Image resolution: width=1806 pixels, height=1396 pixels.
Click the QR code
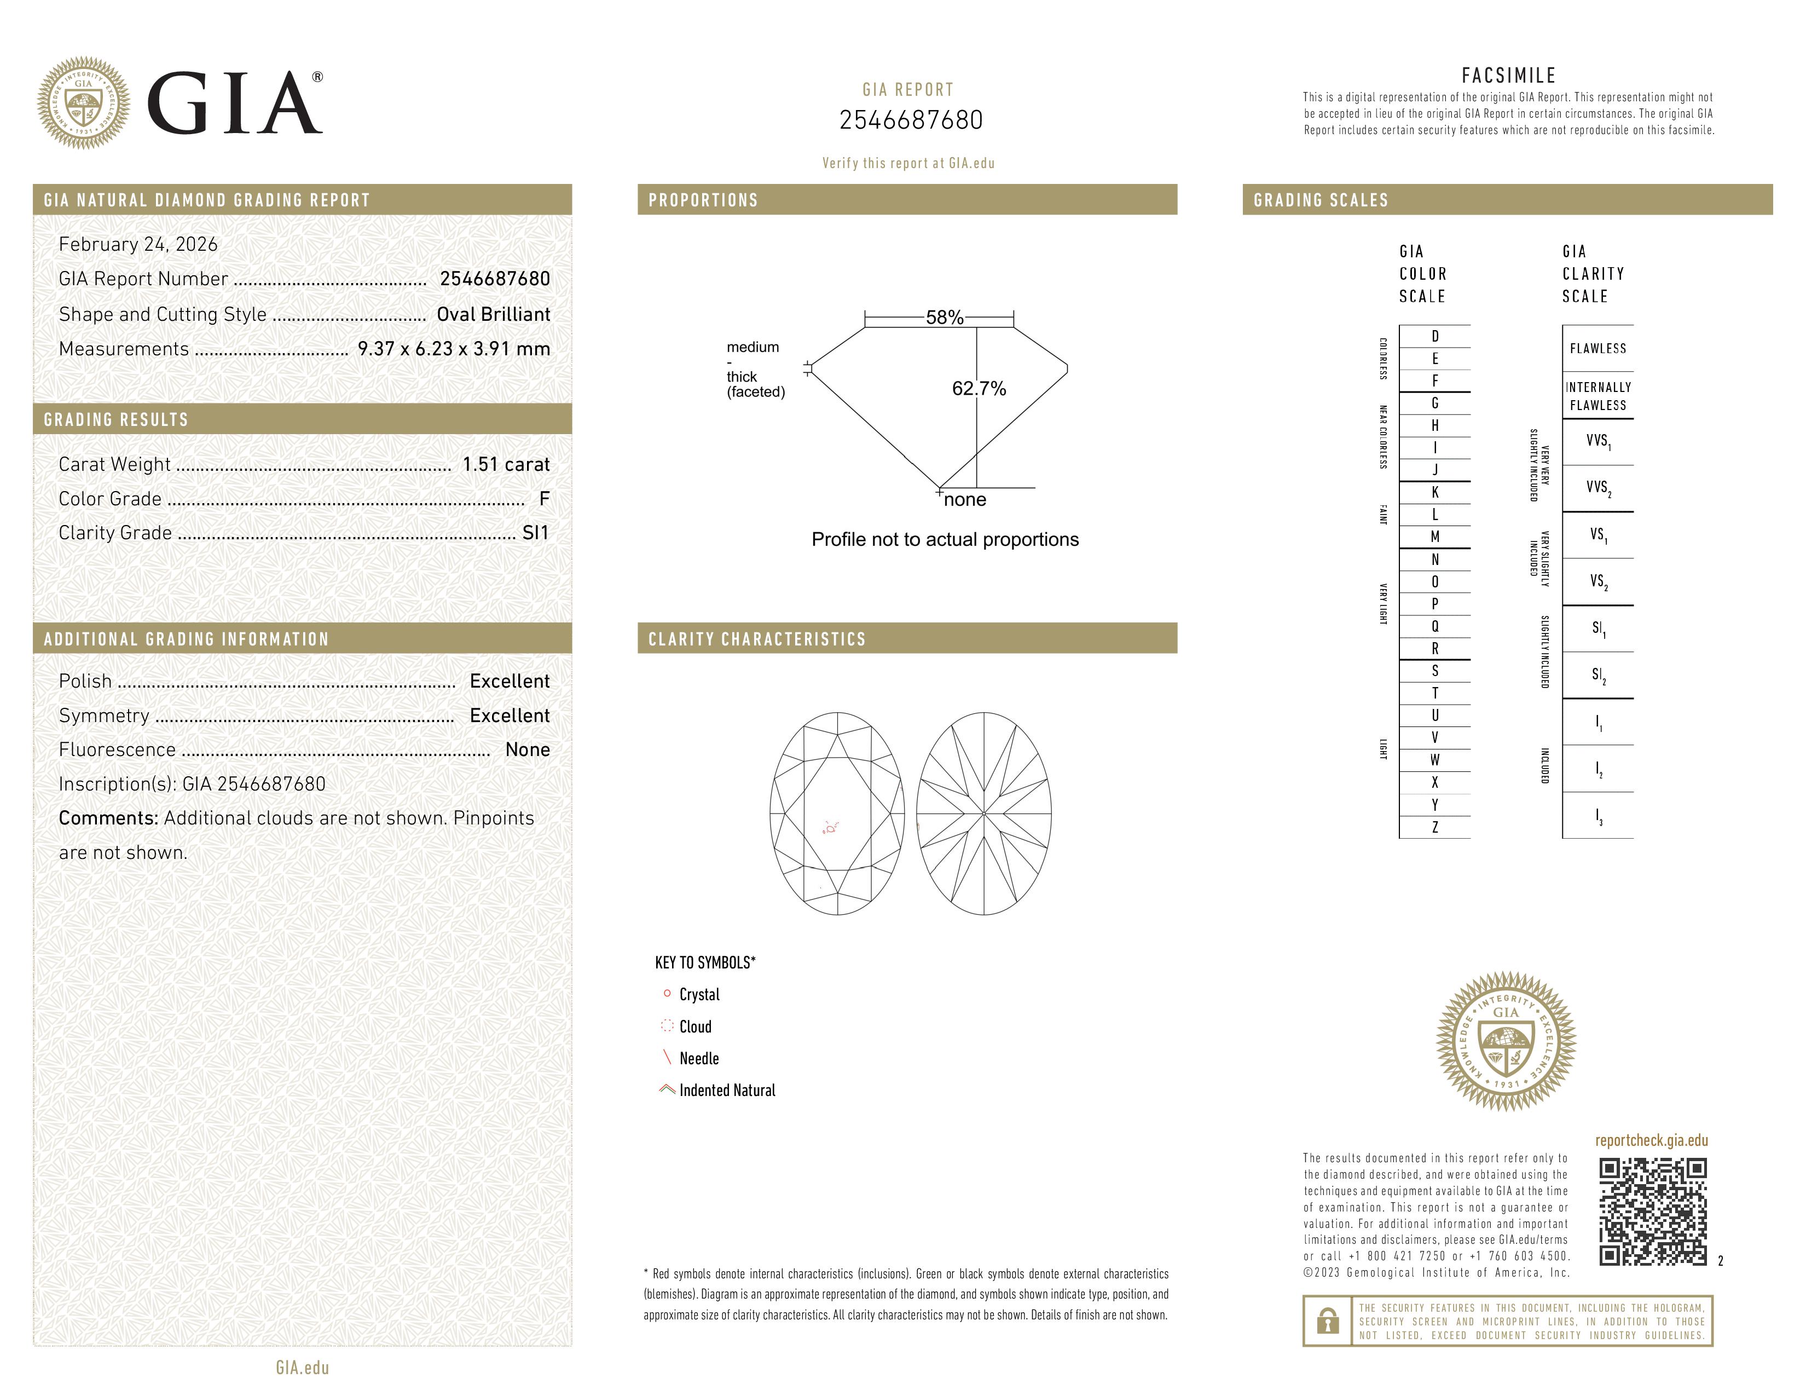click(x=1652, y=1212)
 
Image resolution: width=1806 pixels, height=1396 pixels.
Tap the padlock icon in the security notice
click(x=1327, y=1321)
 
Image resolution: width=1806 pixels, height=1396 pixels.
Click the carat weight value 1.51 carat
click(x=505, y=465)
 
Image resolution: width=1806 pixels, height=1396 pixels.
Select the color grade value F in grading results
click(x=544, y=499)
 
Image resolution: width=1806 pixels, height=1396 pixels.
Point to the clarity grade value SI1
click(x=535, y=533)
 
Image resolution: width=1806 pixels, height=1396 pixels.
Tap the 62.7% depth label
click(x=979, y=389)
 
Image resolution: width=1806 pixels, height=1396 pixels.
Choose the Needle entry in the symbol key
click(x=699, y=1059)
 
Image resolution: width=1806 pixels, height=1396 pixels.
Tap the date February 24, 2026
click(x=138, y=245)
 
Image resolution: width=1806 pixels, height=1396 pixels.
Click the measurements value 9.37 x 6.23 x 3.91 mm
click(x=453, y=349)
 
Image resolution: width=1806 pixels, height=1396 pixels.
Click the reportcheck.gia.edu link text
click(x=1651, y=1140)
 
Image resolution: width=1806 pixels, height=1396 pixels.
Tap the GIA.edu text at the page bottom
click(x=302, y=1368)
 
